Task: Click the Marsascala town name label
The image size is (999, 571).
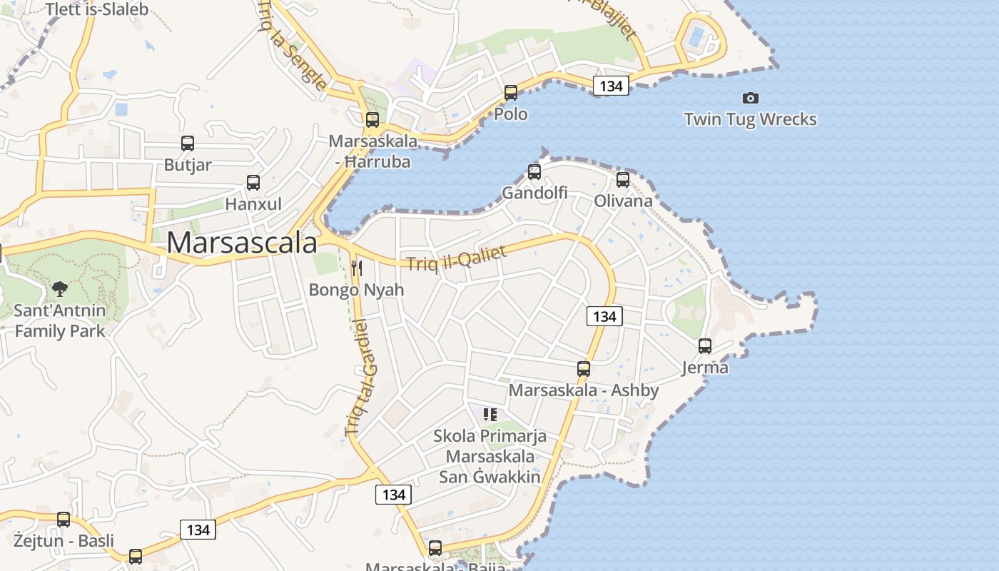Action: click(242, 243)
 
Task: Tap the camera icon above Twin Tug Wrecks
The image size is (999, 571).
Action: click(750, 98)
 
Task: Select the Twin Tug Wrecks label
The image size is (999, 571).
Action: click(750, 119)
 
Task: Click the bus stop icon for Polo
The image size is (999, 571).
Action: click(511, 93)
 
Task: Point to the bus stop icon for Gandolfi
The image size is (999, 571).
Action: click(534, 171)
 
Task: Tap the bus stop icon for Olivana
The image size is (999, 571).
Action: click(623, 179)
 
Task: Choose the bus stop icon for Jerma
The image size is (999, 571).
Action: click(705, 346)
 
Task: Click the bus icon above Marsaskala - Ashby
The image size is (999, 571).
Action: click(584, 369)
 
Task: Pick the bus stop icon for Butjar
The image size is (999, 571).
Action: click(188, 143)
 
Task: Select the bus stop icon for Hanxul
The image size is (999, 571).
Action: click(253, 182)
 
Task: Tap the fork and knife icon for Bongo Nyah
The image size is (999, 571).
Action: click(357, 268)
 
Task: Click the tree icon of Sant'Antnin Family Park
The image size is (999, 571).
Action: click(60, 289)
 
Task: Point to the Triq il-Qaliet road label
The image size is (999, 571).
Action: click(457, 258)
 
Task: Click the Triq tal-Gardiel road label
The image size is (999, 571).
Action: click(362, 378)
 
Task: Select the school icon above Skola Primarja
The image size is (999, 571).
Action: click(490, 414)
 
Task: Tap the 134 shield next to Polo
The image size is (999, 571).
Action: click(611, 86)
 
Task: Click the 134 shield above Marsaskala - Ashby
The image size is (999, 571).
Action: click(604, 316)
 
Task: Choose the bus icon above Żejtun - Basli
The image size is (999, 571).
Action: click(64, 520)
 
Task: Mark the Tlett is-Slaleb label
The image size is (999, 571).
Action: click(96, 9)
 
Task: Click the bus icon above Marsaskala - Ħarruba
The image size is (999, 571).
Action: click(372, 120)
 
